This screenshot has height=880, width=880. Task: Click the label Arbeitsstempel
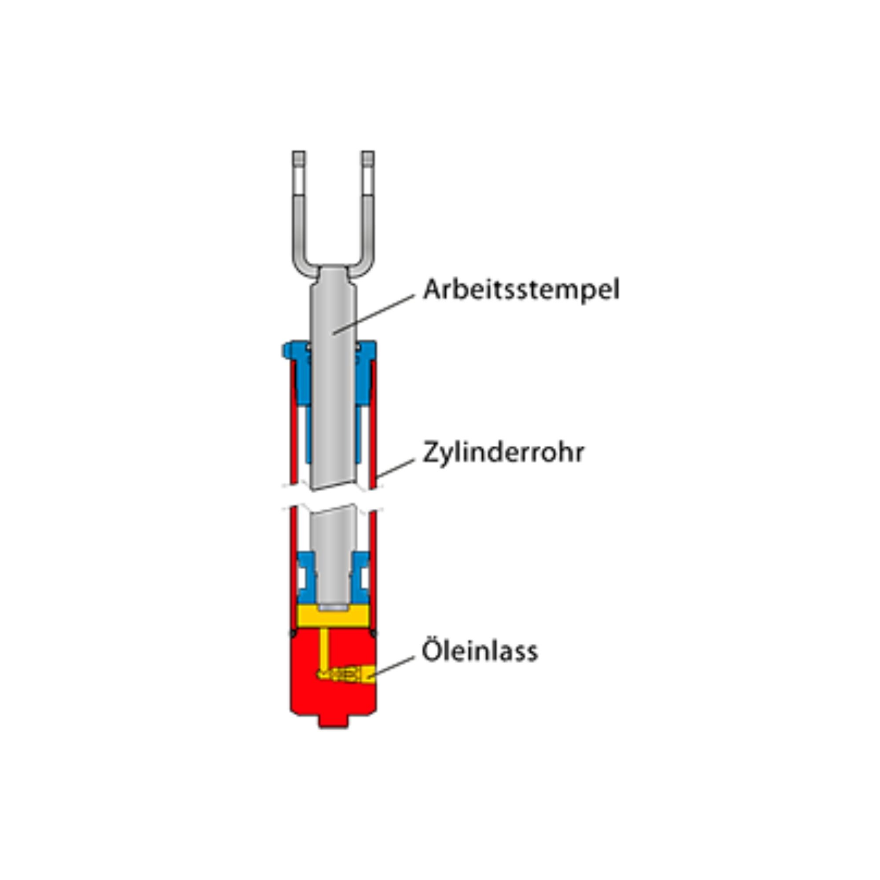[x=521, y=290]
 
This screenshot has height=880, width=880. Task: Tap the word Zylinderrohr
[x=503, y=452]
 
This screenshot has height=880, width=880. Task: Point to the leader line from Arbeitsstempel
[x=374, y=314]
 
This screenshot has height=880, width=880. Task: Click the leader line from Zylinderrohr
[x=396, y=468]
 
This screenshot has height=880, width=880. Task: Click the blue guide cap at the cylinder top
[x=329, y=364]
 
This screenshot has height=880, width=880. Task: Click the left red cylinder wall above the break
[x=294, y=424]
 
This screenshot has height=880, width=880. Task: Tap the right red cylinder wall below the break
[x=373, y=569]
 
